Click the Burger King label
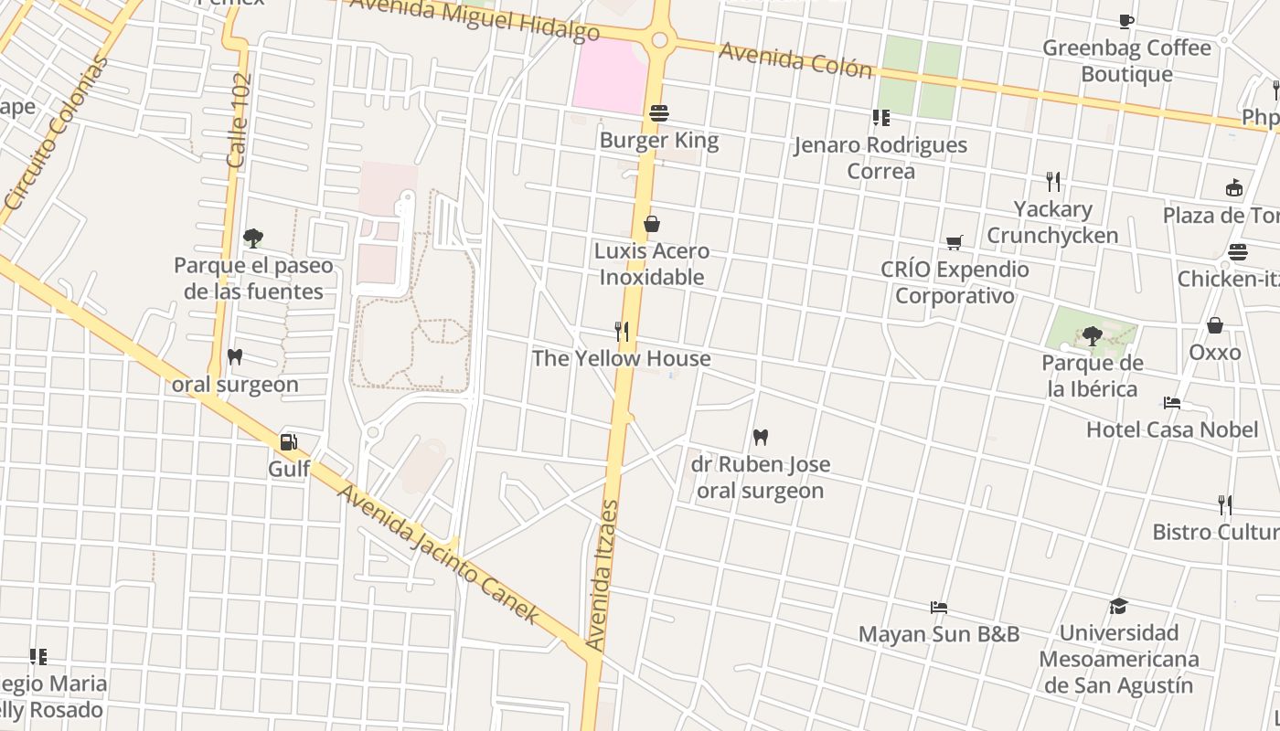tap(659, 141)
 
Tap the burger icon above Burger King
tap(659, 113)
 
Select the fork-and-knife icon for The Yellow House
tap(622, 331)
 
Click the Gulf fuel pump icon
tap(289, 442)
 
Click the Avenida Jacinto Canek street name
tap(439, 554)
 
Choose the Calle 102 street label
tap(239, 121)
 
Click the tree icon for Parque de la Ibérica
tap(1092, 336)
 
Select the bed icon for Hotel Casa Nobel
tap(1172, 402)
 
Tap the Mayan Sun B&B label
tap(938, 634)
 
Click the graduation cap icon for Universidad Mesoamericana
tap(1118, 606)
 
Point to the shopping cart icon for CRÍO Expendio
tap(955, 242)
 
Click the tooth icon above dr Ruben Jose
tap(760, 437)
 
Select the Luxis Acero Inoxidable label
tap(652, 263)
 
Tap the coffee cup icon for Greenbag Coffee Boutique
tap(1126, 21)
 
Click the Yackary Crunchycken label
tap(1052, 222)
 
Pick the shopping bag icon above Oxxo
tap(1215, 325)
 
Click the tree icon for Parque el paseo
tap(253, 238)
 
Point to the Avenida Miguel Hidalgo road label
tap(475, 18)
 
